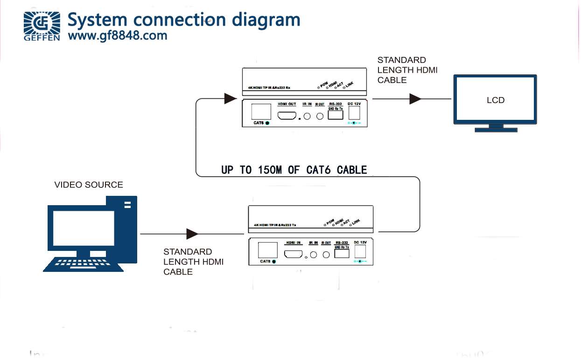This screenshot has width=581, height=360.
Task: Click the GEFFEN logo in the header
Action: (42, 26)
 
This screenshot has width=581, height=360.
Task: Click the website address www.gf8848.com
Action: (117, 35)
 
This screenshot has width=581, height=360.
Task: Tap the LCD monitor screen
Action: (495, 100)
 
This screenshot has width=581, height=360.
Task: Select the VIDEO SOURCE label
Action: (89, 185)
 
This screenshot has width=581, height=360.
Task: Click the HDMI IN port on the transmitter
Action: (294, 254)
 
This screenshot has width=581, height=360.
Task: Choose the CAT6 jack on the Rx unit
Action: (261, 112)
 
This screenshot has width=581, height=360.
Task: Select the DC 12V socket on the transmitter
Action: (360, 252)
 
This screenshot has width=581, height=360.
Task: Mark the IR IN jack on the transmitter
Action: (314, 255)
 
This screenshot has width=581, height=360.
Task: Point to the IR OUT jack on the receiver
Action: (320, 116)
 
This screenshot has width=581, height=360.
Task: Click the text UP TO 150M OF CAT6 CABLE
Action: (294, 170)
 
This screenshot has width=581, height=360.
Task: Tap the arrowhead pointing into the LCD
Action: (415, 99)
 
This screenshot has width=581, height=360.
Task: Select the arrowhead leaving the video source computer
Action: (192, 234)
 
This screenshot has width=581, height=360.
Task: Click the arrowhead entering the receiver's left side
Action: (230, 98)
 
